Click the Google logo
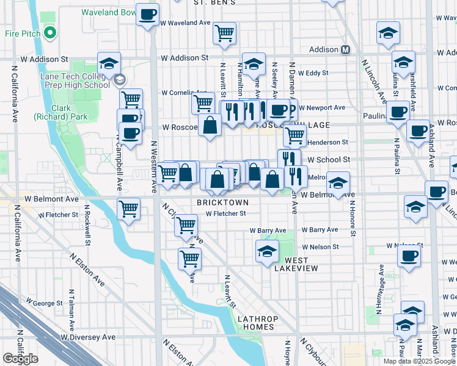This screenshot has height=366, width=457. pyautogui.click(x=20, y=359)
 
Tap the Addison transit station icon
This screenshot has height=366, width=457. pyautogui.click(x=346, y=49)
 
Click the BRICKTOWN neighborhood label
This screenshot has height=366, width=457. pyautogui.click(x=222, y=202)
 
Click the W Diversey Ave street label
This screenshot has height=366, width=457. pyautogui.click(x=88, y=337)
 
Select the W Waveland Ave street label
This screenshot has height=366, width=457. pyautogui.click(x=186, y=23)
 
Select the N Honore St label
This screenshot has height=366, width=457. pyautogui.click(x=353, y=217)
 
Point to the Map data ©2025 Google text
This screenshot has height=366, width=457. pyautogui.click(x=419, y=361)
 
